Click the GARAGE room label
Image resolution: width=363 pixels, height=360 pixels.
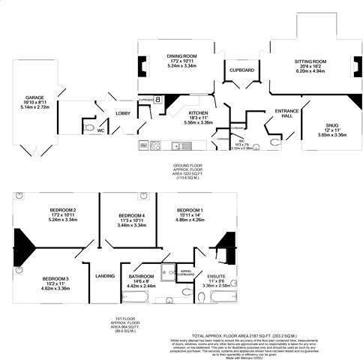click(34, 97)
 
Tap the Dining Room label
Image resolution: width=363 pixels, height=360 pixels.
click(181, 56)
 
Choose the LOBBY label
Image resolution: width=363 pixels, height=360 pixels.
click(123, 113)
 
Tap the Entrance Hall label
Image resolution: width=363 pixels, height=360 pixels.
click(287, 113)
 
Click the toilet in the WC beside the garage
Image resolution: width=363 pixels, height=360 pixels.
click(87, 130)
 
